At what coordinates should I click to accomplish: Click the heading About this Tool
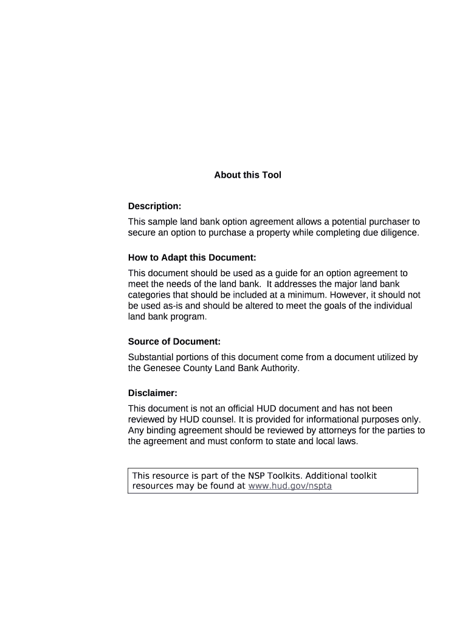(247, 175)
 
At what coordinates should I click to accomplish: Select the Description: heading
(154, 206)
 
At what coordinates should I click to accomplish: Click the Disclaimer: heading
(153, 393)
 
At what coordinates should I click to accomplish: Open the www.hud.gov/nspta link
(290, 486)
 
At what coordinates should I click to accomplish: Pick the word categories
(150, 295)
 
